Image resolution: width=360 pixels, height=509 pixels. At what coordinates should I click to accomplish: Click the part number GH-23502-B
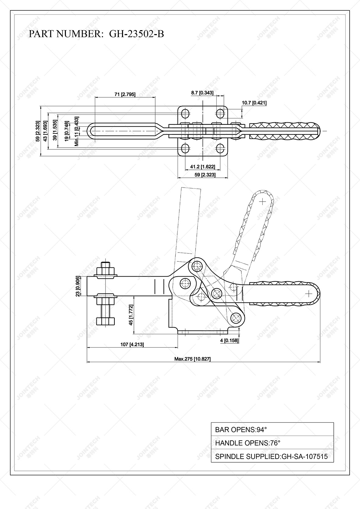(x=136, y=34)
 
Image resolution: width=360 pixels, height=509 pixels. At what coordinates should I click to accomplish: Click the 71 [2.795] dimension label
(x=125, y=94)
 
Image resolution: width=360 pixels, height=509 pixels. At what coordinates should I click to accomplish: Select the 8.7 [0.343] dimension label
(x=202, y=93)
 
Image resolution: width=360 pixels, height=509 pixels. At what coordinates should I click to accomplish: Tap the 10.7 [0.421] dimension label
(x=254, y=103)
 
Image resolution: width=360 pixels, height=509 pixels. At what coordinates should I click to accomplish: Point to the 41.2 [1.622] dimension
(x=203, y=167)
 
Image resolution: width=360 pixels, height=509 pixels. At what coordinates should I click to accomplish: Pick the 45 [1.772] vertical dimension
(x=131, y=315)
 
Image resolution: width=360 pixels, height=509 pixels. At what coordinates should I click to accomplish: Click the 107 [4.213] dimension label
(x=132, y=344)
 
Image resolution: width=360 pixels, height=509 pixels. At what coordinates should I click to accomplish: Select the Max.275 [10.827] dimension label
(x=192, y=359)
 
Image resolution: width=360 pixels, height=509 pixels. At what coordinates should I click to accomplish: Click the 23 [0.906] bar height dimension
(x=78, y=286)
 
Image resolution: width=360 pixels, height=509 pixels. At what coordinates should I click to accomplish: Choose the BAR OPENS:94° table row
(x=272, y=430)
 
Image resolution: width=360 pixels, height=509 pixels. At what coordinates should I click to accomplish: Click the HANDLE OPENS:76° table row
(x=272, y=443)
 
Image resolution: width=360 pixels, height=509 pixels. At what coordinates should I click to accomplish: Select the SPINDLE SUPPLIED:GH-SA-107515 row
(x=272, y=456)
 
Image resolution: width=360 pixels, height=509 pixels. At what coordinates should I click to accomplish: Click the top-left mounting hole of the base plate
(x=185, y=114)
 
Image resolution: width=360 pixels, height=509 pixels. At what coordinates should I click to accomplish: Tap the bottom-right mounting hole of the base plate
(x=220, y=149)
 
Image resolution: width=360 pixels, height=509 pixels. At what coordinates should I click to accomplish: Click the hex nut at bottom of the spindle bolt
(x=106, y=321)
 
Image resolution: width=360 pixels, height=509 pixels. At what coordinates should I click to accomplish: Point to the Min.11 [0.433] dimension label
(x=77, y=131)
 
